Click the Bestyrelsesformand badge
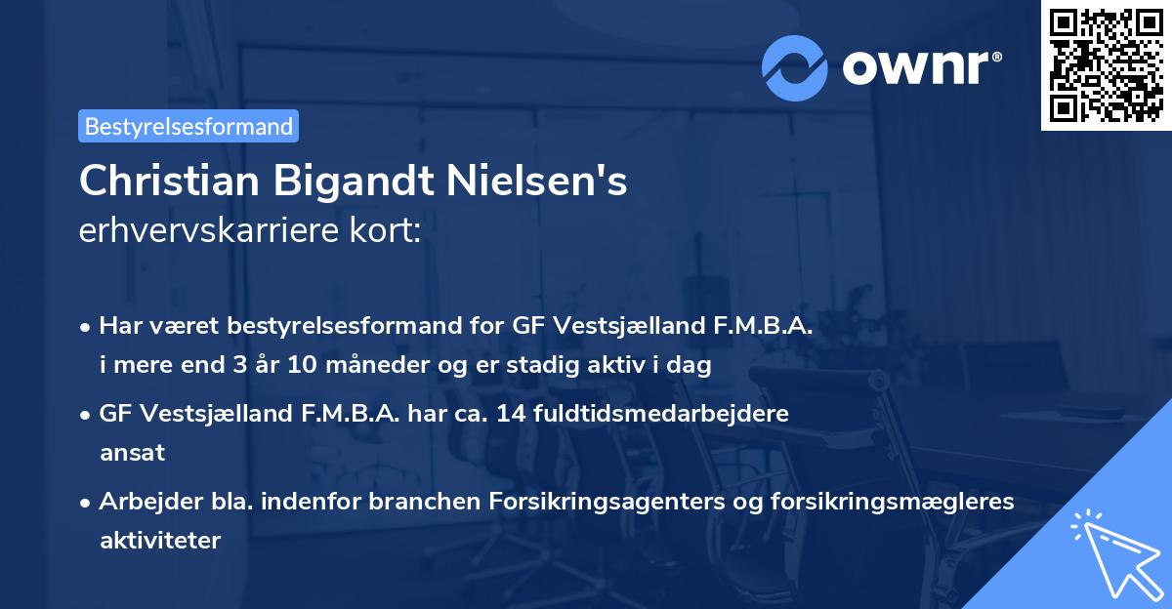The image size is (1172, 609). coord(188,126)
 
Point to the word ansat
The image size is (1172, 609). coord(132,452)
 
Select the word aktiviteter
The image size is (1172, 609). coord(160,540)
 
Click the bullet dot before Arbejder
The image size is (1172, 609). coord(87,502)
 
